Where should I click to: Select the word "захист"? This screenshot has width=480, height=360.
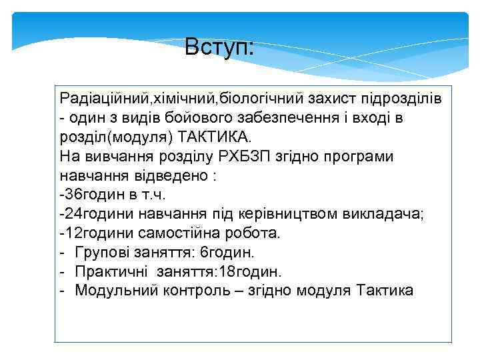(331, 99)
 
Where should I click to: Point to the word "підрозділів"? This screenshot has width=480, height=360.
(399, 99)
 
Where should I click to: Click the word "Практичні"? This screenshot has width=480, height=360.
(111, 272)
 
